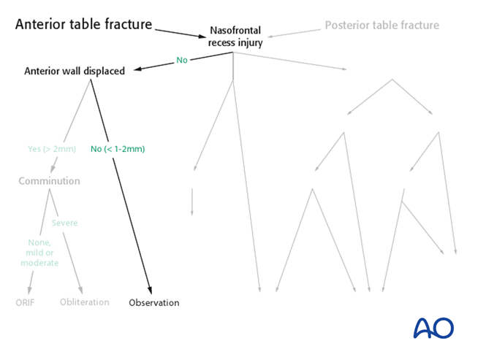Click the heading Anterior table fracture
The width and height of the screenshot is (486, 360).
click(x=83, y=25)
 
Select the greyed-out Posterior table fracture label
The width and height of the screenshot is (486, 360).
click(x=382, y=26)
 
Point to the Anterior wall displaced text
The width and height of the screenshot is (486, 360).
click(x=75, y=72)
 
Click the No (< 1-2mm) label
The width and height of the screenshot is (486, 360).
click(x=118, y=149)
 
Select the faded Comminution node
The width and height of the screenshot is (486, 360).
click(x=49, y=181)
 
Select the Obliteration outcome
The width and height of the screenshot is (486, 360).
click(x=84, y=302)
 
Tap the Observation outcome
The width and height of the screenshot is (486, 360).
click(x=153, y=302)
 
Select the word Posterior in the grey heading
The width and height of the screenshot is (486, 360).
click(x=348, y=26)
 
